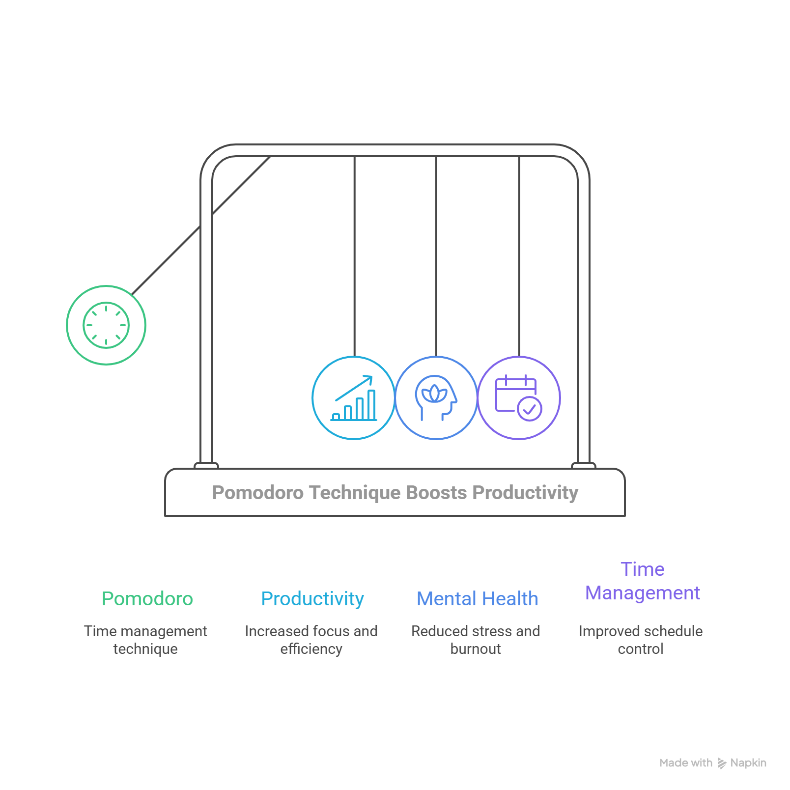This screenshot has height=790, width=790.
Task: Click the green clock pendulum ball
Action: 106,325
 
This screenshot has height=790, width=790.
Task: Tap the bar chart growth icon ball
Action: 354,397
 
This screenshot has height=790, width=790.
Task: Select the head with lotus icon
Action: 436,397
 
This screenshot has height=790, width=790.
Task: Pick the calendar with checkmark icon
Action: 519,397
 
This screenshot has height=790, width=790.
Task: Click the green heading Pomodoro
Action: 147,599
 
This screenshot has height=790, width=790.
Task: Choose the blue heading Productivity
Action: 312,599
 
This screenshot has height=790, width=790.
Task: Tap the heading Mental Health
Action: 478,599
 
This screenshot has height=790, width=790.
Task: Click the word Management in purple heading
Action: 643,593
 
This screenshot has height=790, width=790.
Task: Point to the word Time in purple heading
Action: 643,569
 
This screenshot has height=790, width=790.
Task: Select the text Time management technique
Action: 145,640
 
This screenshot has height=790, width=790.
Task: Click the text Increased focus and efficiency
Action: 311,640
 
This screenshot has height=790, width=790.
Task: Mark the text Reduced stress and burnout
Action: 476,640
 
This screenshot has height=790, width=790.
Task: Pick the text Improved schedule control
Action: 641,640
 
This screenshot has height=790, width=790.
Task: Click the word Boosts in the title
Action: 437,493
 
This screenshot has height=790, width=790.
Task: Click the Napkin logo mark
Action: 722,763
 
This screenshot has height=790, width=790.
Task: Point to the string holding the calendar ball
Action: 519,255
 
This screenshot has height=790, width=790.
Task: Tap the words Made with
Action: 686,763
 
